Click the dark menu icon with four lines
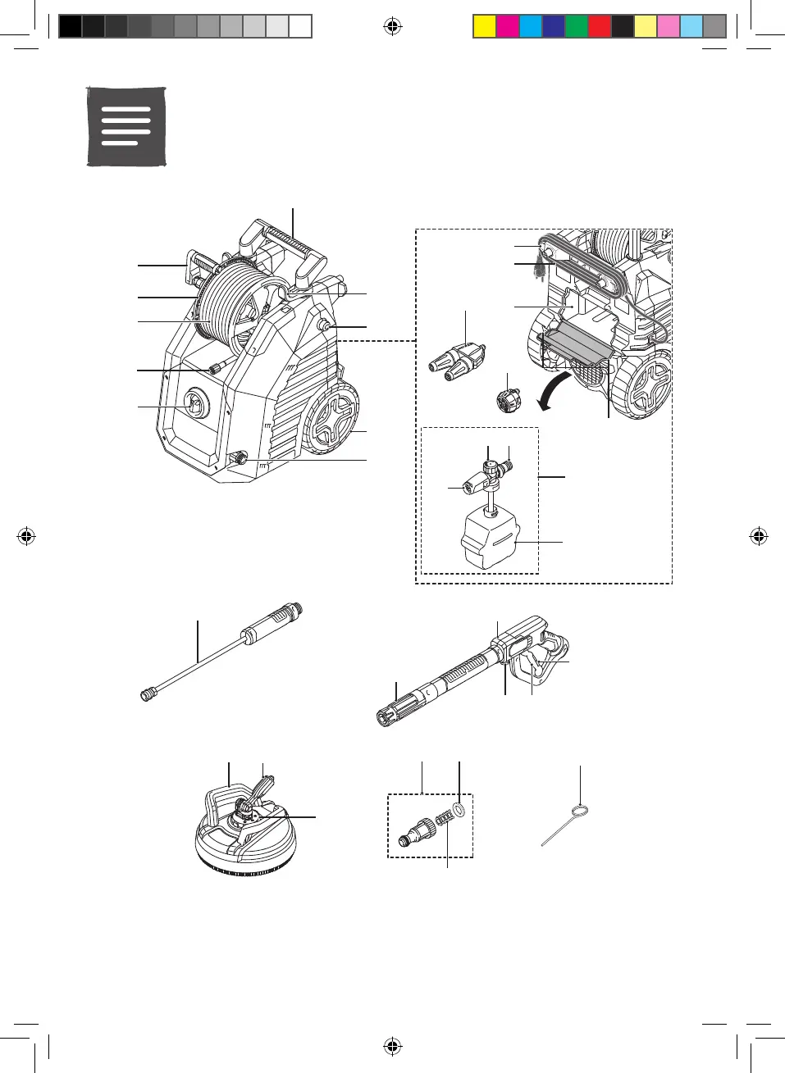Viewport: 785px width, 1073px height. pos(126,126)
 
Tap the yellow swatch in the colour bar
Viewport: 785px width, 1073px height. pos(485,27)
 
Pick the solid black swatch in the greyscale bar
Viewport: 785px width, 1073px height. pos(71,27)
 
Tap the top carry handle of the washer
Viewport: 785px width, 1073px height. pos(283,243)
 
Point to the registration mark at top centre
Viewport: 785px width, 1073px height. pos(393,27)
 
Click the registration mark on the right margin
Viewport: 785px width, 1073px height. pos(759,537)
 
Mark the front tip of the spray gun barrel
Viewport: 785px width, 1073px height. pos(384,718)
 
